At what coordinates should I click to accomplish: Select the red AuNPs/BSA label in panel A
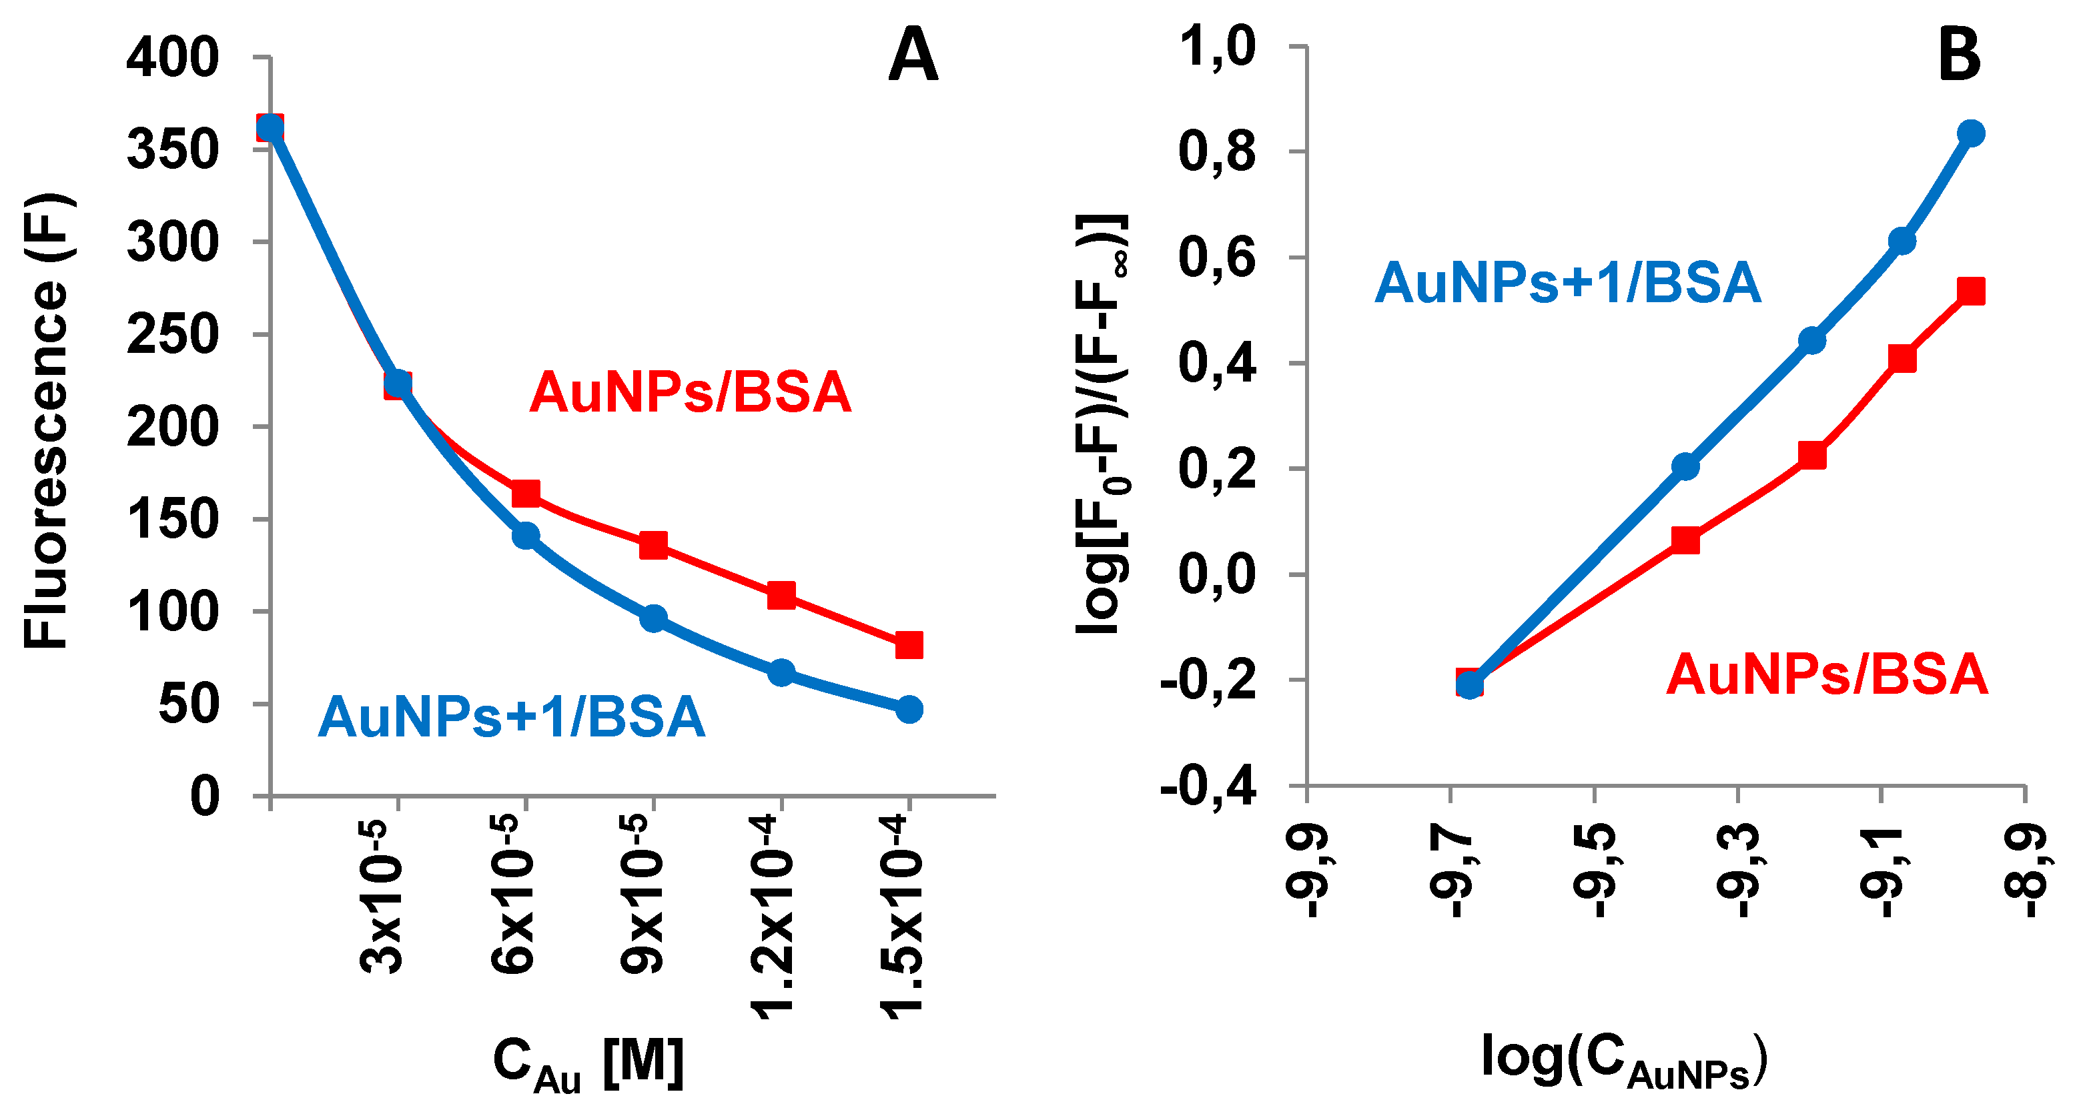(691, 393)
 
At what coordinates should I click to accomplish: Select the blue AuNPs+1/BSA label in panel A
(512, 717)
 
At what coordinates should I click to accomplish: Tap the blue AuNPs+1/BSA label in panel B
(1567, 284)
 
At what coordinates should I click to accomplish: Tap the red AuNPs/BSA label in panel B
(1827, 674)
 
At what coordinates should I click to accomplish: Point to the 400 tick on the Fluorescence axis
(172, 58)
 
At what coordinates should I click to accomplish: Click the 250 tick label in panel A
(172, 335)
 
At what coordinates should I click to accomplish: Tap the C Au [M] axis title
(588, 1063)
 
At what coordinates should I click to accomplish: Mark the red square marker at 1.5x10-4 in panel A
(909, 644)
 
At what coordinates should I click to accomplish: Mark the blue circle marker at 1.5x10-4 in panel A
(909, 710)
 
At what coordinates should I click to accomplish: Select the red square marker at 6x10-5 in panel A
(525, 493)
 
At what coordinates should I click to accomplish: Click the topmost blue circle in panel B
(1971, 133)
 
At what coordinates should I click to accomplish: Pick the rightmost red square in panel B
(1971, 291)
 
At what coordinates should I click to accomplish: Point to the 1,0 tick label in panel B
(1216, 46)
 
